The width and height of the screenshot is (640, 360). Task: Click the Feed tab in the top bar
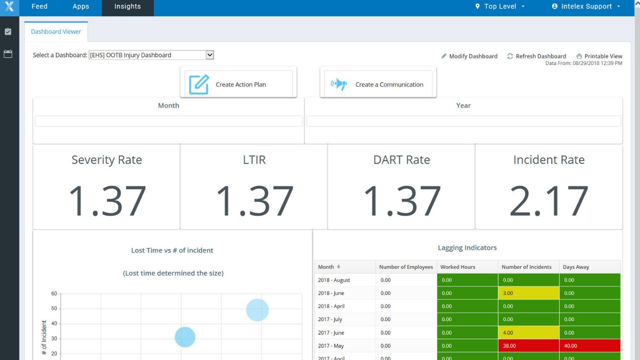coord(39,6)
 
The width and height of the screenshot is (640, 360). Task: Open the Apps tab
coord(80,6)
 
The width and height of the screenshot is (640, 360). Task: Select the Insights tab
coord(127,6)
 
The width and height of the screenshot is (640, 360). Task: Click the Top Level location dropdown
coord(500,6)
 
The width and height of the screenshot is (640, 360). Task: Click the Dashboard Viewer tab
coord(56,31)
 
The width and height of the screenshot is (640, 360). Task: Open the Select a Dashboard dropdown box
coord(151,55)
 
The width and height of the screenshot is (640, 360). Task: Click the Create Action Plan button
coord(238,84)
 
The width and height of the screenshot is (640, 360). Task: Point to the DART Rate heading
coord(401,160)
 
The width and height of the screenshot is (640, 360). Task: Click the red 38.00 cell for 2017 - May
coord(528,345)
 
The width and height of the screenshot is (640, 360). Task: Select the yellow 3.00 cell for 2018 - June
coord(528,293)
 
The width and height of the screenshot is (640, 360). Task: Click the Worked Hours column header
coord(458,267)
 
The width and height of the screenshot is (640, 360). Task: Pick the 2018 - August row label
coord(334,280)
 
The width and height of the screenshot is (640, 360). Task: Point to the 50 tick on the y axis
coord(54,308)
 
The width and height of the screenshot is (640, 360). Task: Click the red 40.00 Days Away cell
coord(590,345)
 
